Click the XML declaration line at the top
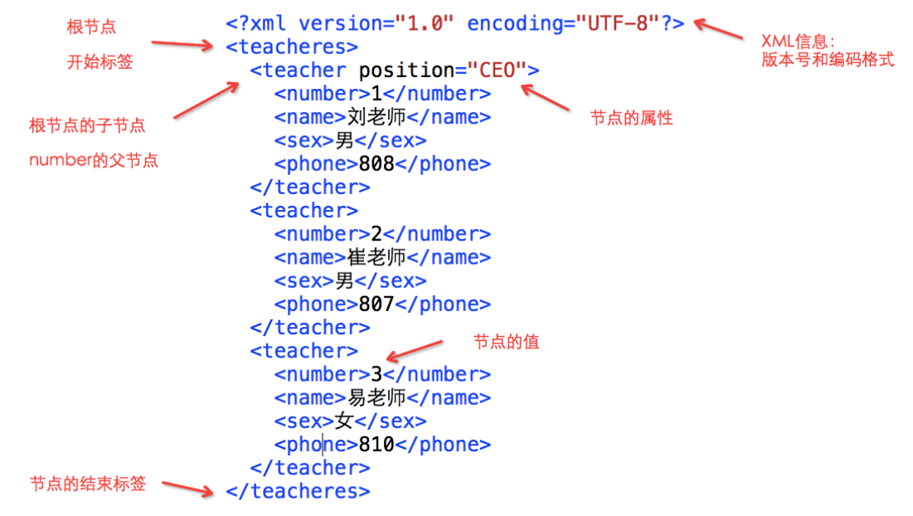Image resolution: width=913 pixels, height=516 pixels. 454,23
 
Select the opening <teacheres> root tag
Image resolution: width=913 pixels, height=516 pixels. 292,46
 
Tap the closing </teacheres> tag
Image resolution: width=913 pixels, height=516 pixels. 298,491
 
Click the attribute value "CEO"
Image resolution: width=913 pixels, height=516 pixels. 498,71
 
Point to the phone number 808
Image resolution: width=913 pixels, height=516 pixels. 376,164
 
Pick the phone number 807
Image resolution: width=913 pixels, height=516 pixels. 376,304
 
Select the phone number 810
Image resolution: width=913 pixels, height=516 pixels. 376,445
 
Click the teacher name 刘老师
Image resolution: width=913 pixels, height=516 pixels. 376,117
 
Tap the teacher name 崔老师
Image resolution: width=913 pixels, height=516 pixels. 376,257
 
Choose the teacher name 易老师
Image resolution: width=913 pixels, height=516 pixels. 376,397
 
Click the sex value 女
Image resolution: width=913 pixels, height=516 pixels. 344,421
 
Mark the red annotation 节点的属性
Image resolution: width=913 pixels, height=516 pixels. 632,119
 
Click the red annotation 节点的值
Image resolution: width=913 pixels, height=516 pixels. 507,342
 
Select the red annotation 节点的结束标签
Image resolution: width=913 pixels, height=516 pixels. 88,484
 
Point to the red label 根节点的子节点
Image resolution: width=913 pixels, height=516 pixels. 87,125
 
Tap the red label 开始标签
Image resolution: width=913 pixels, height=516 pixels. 100,61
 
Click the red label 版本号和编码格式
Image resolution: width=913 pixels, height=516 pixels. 828,60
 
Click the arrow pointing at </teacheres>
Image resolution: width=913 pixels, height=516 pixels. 187,489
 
